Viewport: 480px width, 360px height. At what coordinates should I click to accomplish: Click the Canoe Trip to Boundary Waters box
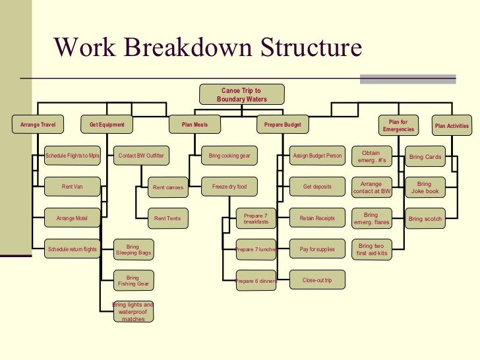pos(241,95)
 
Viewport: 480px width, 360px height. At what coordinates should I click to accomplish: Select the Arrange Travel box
pos(38,125)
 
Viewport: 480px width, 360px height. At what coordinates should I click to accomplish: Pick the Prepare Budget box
pos(282,125)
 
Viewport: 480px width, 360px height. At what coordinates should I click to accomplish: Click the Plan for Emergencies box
pos(398,125)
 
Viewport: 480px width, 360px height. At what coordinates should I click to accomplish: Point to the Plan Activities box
pos(451,126)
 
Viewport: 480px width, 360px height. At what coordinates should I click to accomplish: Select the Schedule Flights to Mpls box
pos(72,156)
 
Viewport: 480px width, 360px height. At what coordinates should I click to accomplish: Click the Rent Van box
pos(72,187)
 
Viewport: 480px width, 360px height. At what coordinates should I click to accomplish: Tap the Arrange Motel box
pos(72,218)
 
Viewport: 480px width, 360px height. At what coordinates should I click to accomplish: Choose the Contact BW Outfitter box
pos(140,156)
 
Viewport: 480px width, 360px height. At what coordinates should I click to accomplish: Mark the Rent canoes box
pos(167,187)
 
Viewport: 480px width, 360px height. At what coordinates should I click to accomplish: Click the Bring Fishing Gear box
pos(133,281)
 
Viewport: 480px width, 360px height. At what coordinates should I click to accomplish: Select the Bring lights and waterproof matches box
pos(133,311)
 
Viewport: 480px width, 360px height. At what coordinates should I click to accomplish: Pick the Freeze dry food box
pos(229,187)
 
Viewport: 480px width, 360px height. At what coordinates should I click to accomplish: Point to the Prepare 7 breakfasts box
pos(255,219)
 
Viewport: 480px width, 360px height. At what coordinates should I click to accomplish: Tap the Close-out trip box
pos(316,281)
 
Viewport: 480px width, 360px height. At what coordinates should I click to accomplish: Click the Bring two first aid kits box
pos(371,249)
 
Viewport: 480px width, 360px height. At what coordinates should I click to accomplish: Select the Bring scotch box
pos(425,218)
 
